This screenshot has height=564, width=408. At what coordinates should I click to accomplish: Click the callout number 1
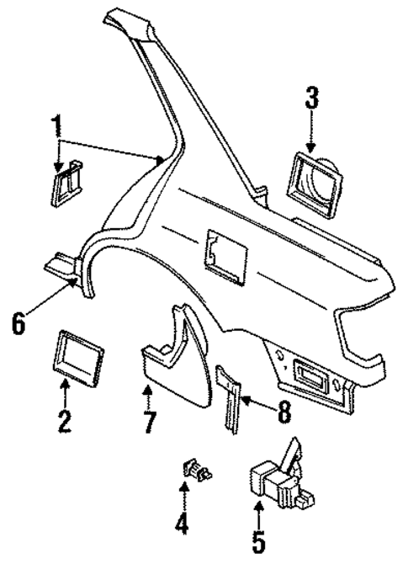point(57,129)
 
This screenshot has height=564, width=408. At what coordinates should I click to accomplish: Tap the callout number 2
point(63,419)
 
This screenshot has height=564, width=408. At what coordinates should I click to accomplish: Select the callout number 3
point(312,99)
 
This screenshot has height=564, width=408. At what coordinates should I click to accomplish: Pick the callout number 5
point(260,540)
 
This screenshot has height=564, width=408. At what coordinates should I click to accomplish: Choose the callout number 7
point(149,422)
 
